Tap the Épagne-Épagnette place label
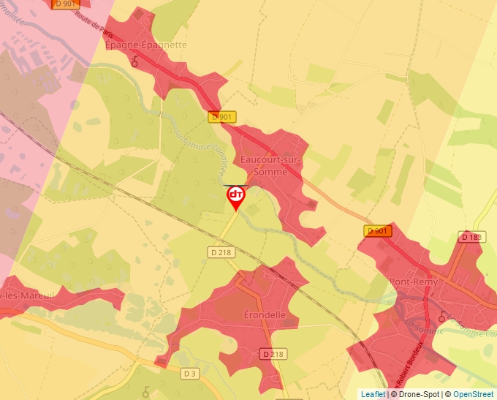point(146,45)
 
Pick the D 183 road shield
point(472,237)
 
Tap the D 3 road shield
point(190,374)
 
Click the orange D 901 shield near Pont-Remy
point(378,231)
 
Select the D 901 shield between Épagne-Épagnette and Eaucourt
point(221,117)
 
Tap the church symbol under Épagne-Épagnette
point(134,63)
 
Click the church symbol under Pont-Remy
point(441,317)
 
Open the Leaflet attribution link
point(373,394)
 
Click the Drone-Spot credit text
point(416,394)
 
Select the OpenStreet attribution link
point(474,394)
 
